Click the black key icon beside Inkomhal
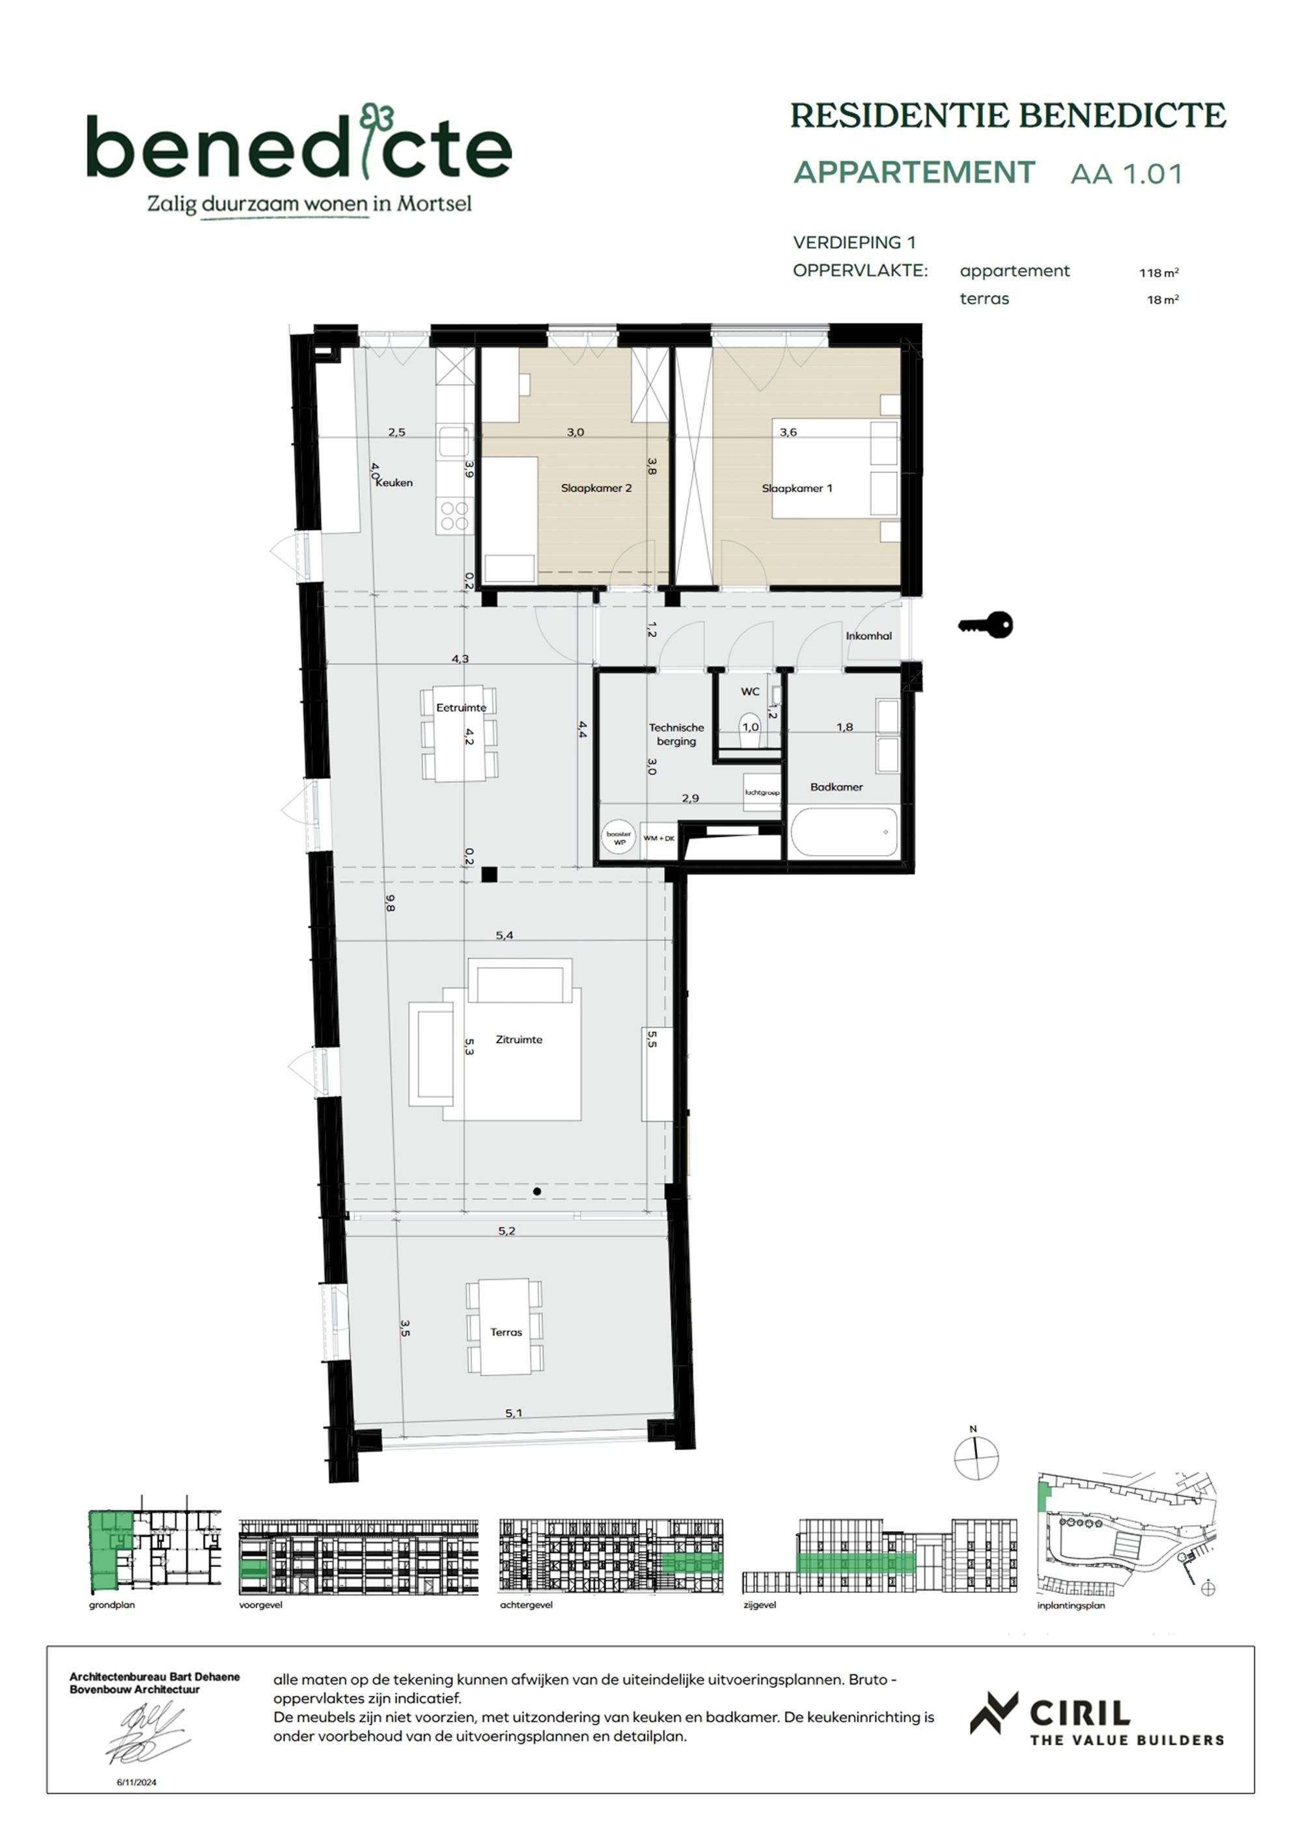[x=986, y=625]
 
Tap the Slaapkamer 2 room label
[x=596, y=488]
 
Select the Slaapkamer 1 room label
[x=796, y=488]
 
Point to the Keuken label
[x=395, y=483]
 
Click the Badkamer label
[x=836, y=787]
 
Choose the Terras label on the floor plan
[x=506, y=1332]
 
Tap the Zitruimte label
[x=519, y=1039]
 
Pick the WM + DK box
[x=659, y=839]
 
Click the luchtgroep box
[x=762, y=792]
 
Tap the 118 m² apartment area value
[x=1159, y=273]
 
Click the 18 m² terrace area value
[x=1163, y=300]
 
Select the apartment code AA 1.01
[x=1126, y=174]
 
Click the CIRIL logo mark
[x=994, y=1713]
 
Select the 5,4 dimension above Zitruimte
[x=505, y=935]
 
